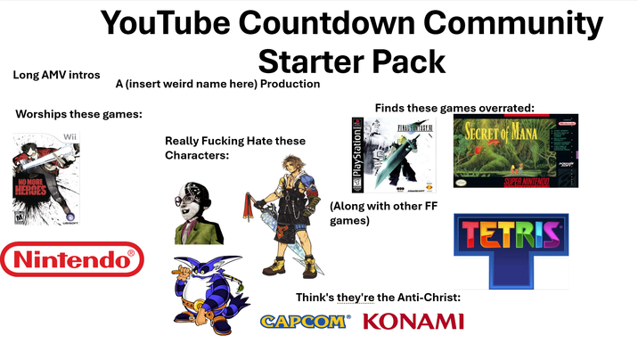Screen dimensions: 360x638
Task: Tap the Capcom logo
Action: click(305, 321)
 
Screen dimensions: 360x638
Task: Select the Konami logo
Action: click(413, 321)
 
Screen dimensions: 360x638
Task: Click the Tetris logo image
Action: click(511, 245)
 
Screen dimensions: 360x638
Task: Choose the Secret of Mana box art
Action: click(515, 151)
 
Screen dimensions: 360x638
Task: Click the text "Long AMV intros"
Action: click(56, 75)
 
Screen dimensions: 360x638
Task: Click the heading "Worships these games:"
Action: click(79, 114)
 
